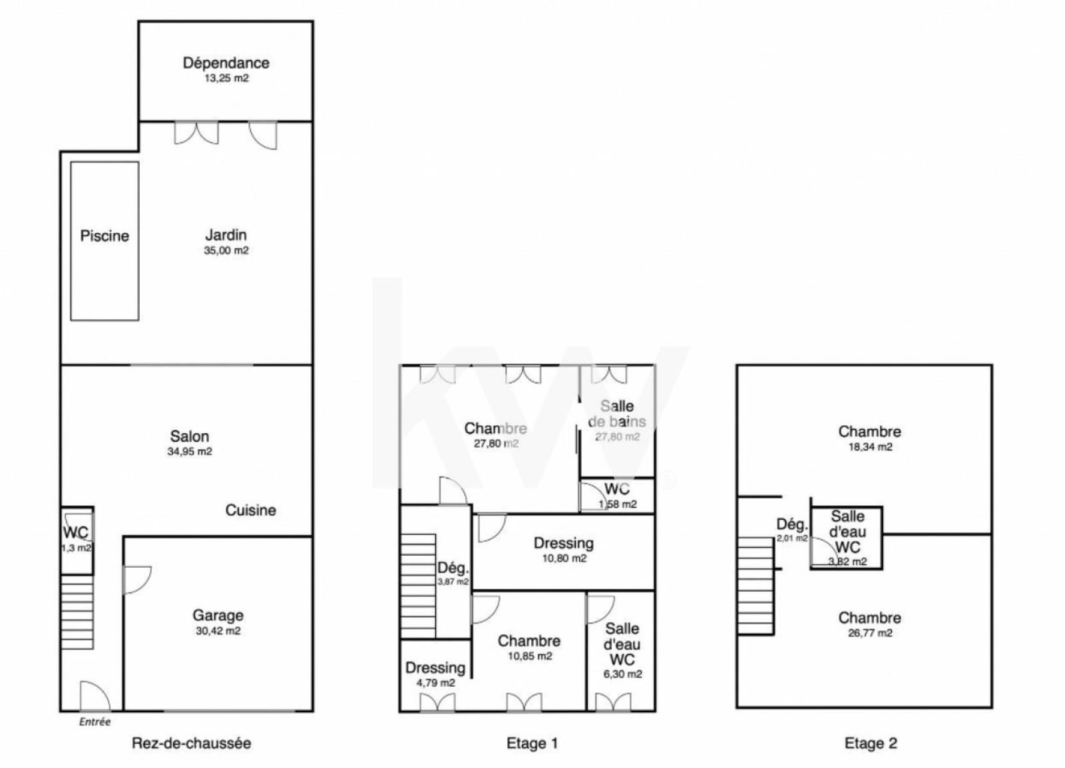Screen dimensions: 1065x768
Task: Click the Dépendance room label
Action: click(226, 63)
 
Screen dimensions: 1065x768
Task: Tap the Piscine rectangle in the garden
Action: click(105, 241)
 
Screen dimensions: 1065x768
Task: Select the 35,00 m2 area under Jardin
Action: click(226, 250)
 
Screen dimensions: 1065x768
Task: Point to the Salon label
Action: click(190, 437)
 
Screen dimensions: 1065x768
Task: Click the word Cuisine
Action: click(250, 510)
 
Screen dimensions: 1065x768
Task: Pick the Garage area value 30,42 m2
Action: click(218, 631)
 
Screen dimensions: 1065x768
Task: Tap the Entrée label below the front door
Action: click(95, 721)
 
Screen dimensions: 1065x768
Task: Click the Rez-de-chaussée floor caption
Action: click(191, 743)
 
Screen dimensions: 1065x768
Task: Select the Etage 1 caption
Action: click(532, 743)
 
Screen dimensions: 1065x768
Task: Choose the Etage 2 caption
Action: click(871, 743)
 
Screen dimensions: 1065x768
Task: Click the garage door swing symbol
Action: click(137, 580)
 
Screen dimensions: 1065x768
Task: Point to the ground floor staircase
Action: click(77, 612)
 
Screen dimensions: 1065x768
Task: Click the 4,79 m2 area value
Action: click(435, 683)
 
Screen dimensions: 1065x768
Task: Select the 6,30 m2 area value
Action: click(622, 674)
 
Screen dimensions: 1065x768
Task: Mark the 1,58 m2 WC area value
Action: click(617, 504)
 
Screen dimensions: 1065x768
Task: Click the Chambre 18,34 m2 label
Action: click(869, 431)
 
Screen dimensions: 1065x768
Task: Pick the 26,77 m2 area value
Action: click(870, 633)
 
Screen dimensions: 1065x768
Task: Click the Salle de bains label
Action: click(617, 413)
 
